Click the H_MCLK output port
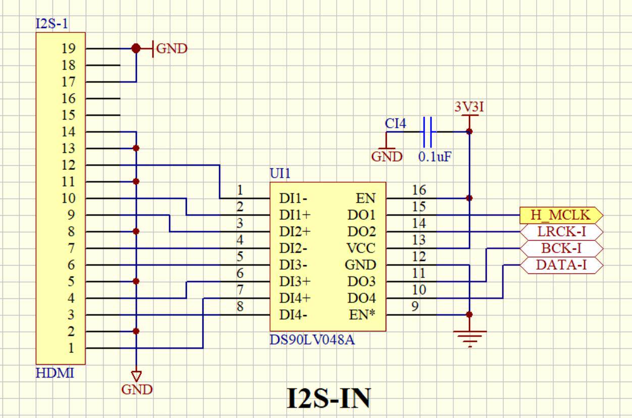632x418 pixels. [561, 215]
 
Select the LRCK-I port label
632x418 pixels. [561, 232]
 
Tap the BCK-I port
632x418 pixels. [561, 249]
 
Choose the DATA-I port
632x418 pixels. [561, 265]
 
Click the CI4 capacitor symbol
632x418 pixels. [428, 132]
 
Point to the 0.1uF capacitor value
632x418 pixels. [435, 157]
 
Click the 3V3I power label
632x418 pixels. [469, 107]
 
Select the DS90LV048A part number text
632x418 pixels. [312, 340]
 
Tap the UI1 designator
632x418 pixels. [280, 173]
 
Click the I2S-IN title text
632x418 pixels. [329, 398]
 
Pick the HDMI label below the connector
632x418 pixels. [55, 373]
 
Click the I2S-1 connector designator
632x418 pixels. [52, 24]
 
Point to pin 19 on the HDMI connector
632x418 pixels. [69, 48]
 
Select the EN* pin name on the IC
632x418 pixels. [362, 315]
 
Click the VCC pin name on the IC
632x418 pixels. [361, 248]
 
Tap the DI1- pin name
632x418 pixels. [293, 199]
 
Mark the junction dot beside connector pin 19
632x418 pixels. [136, 48]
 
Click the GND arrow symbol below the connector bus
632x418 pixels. [136, 376]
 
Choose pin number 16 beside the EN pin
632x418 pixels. [419, 190]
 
